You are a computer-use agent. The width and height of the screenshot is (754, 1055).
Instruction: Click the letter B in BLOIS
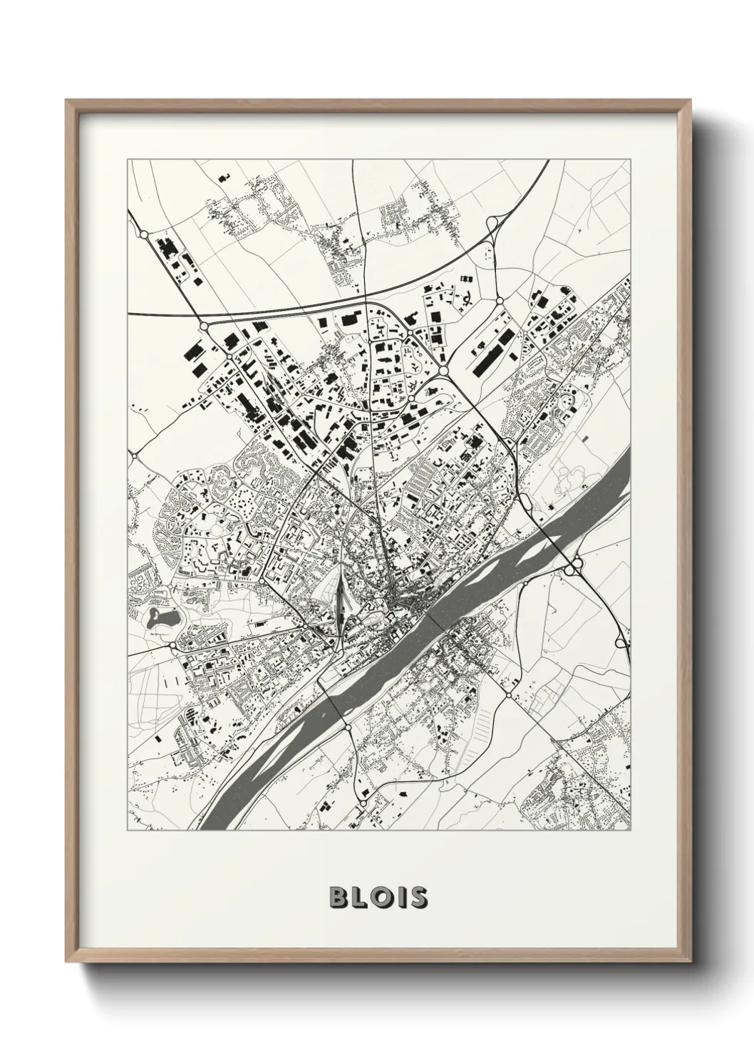tap(338, 897)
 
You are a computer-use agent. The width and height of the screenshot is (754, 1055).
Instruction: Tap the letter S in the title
tap(418, 897)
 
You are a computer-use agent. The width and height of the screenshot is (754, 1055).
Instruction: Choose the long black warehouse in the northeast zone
tap(492, 354)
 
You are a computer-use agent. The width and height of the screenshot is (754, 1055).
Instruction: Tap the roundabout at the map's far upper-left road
tap(143, 234)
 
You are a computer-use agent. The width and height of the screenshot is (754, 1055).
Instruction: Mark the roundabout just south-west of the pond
tap(172, 645)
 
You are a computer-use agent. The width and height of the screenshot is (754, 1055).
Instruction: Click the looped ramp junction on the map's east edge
tap(622, 642)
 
